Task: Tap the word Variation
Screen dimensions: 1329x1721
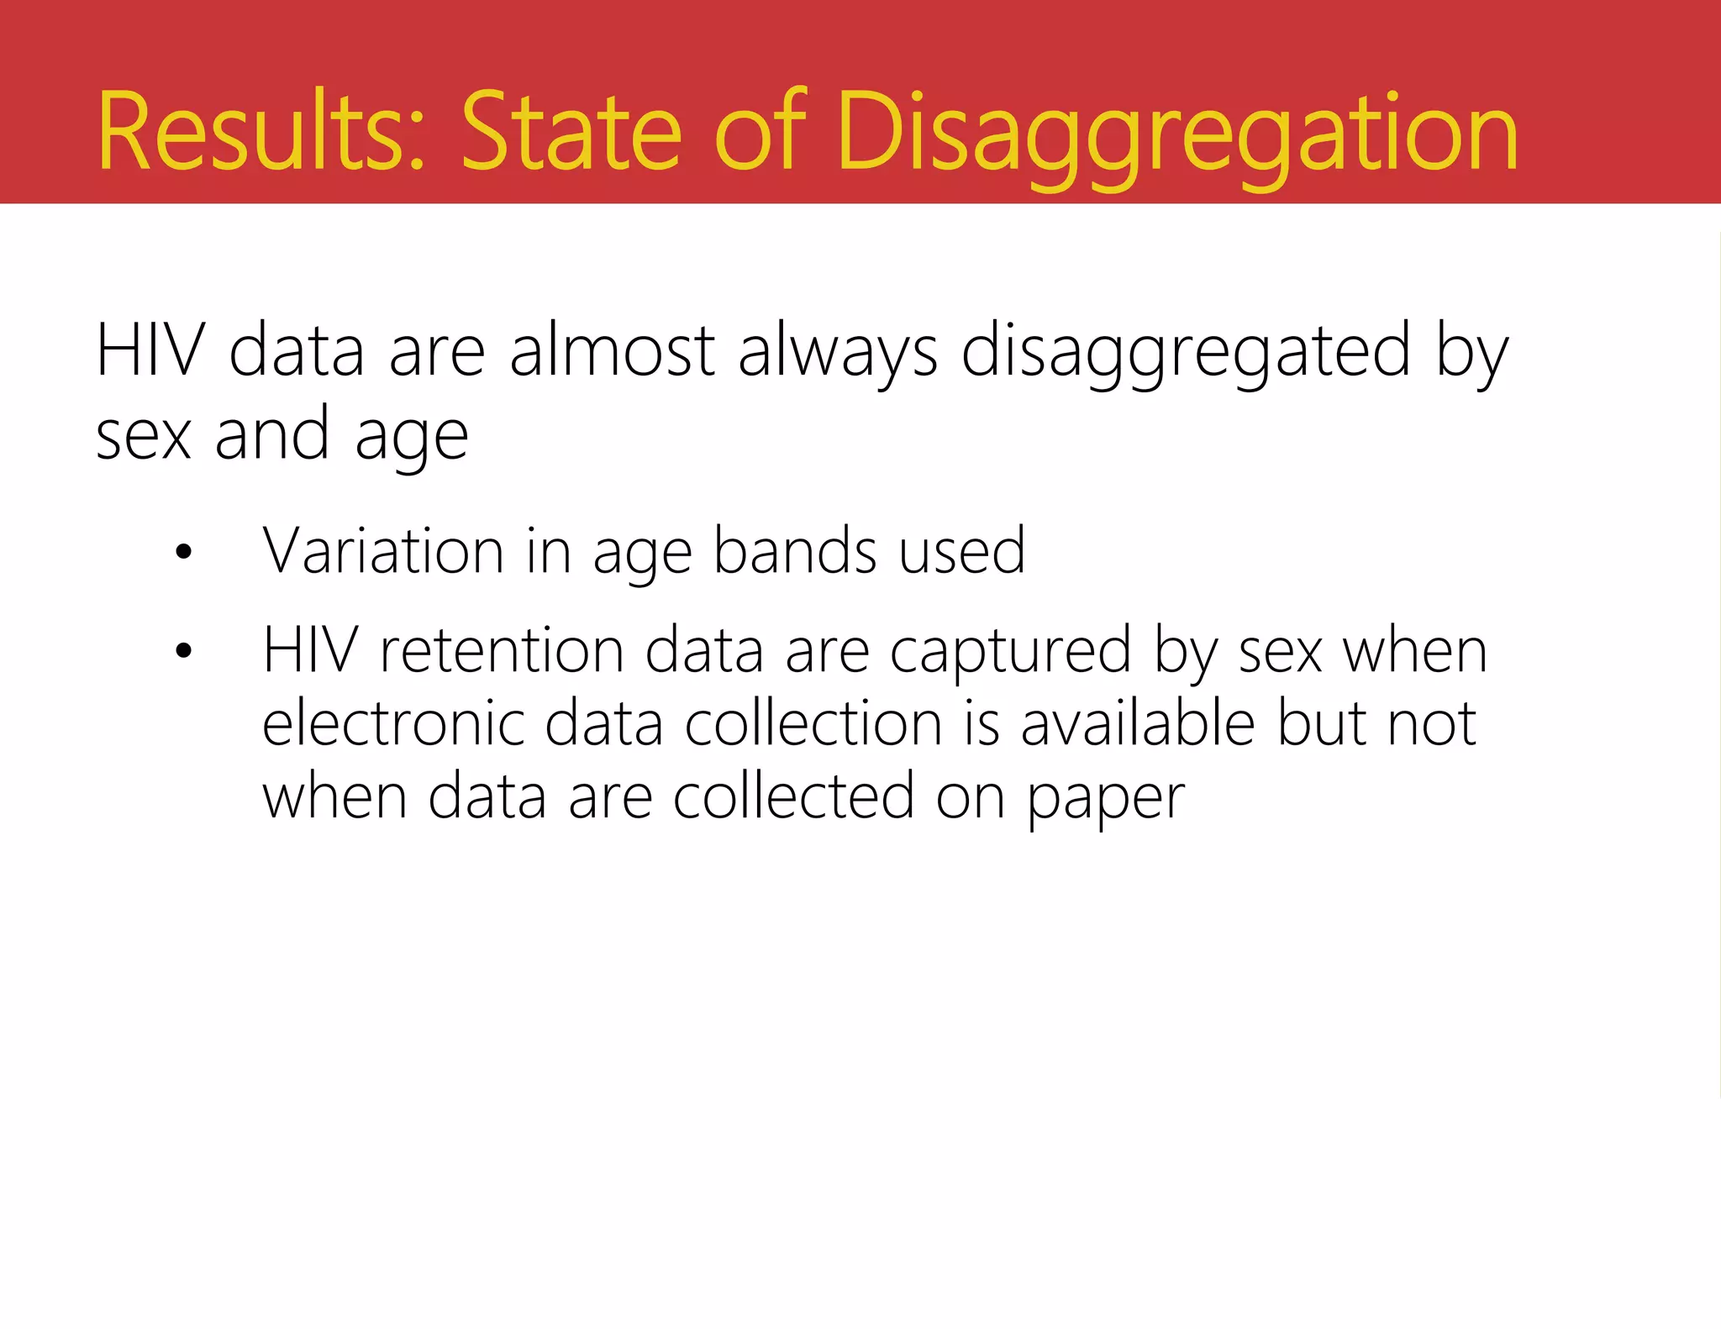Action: coord(383,552)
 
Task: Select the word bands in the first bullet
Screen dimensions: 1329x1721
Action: coord(795,552)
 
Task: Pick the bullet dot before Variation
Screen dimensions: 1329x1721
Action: coord(184,553)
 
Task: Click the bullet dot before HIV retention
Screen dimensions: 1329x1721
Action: coord(184,651)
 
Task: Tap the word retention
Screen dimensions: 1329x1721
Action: coord(502,651)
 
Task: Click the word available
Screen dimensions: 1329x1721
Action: coord(1138,724)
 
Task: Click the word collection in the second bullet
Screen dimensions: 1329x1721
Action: coord(813,724)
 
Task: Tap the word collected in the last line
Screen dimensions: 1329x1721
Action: coord(793,797)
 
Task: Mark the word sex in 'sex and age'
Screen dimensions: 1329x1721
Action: coord(144,437)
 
